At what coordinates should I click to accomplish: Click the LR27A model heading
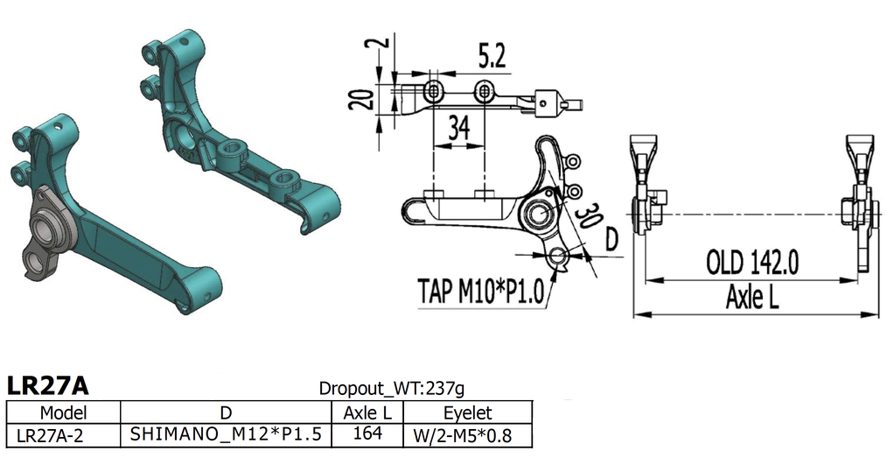47,385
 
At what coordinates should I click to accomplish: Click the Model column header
62,412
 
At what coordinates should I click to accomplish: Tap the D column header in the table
226,412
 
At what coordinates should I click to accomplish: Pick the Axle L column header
367,412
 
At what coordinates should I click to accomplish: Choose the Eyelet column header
467,412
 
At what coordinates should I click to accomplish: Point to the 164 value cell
367,433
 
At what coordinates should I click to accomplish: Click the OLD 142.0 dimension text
752,262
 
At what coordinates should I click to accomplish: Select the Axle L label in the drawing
751,298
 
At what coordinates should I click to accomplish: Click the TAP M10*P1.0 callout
480,290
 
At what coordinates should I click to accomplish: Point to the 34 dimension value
458,129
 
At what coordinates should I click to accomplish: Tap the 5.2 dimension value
491,57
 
